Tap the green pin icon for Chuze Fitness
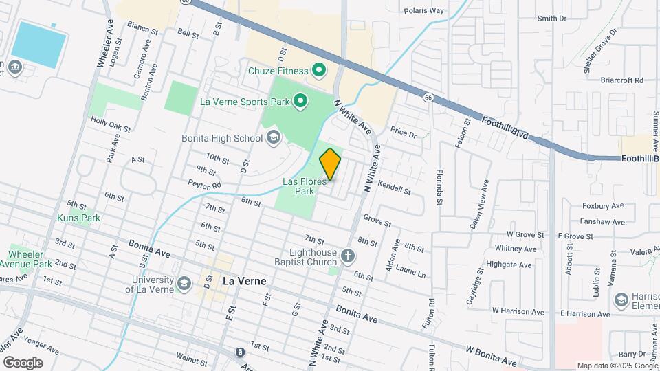pyautogui.click(x=319, y=69)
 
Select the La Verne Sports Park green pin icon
pyautogui.click(x=300, y=102)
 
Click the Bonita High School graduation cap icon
pyautogui.click(x=273, y=137)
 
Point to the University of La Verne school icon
pyautogui.click(x=184, y=283)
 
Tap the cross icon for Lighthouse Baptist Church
pyautogui.click(x=348, y=257)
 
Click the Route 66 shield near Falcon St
pyautogui.click(x=428, y=98)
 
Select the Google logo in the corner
pyautogui.click(x=23, y=362)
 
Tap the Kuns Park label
pyautogui.click(x=78, y=218)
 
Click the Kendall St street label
pyautogui.click(x=393, y=188)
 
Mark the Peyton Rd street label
pyautogui.click(x=205, y=185)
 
